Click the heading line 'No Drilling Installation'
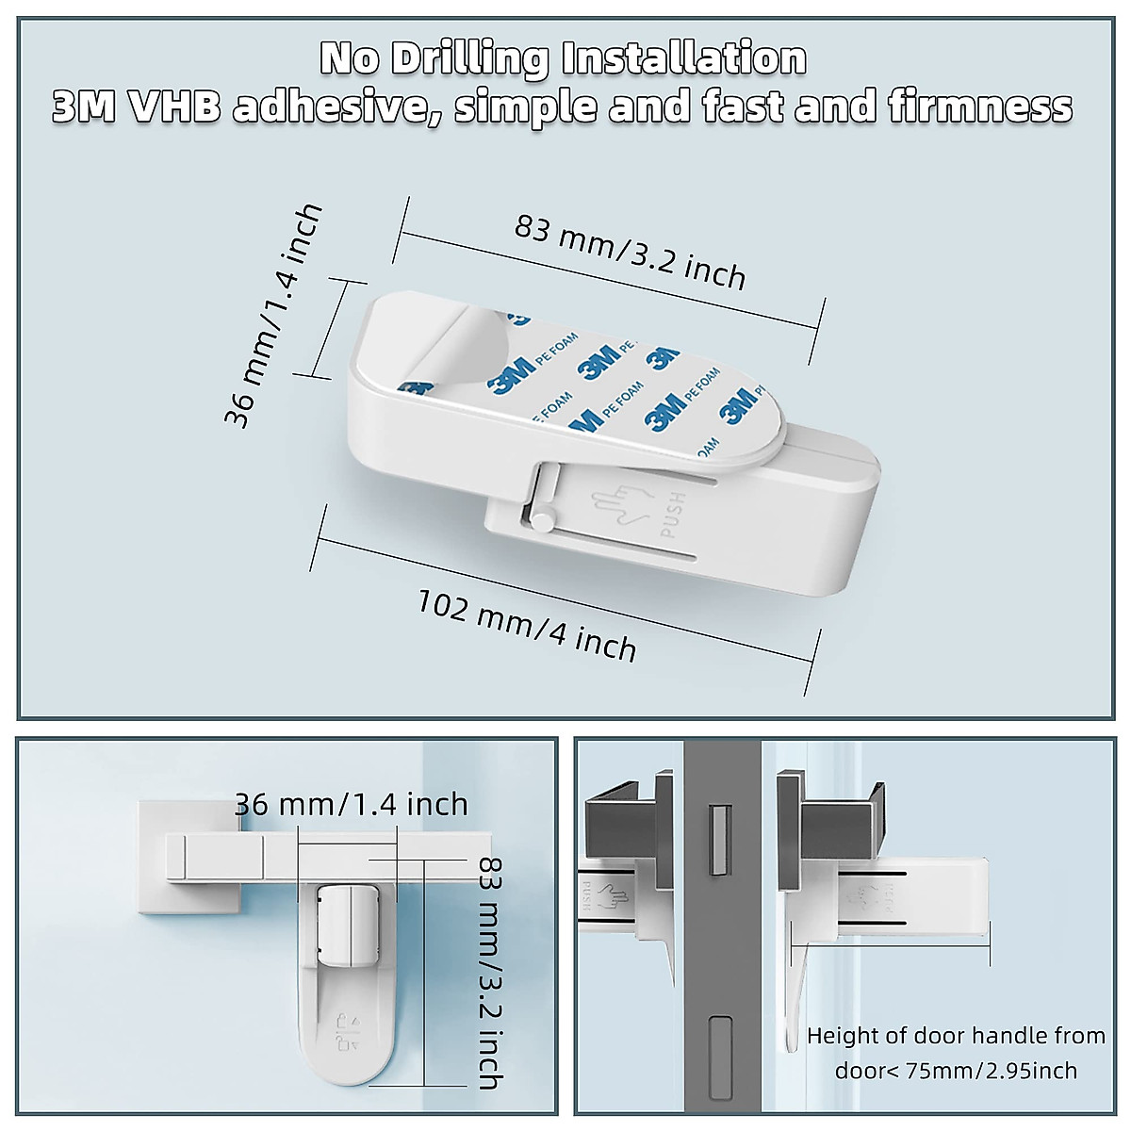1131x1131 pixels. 564,58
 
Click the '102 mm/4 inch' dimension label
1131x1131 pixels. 527,624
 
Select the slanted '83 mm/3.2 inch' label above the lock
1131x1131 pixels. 630,252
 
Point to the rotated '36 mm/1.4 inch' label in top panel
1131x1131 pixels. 272,316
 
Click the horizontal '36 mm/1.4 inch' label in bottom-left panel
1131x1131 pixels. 351,804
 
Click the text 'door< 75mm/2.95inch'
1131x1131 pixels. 956,1071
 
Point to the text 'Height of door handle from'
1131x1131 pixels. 956,1036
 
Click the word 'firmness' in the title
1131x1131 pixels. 980,107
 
